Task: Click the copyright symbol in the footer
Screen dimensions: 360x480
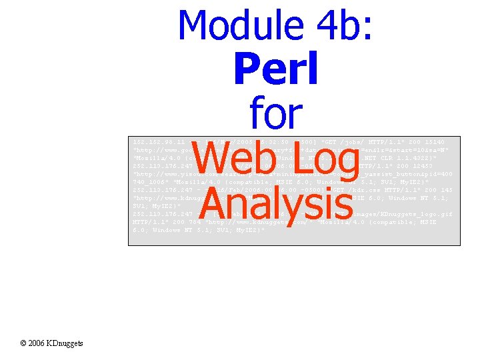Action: (23, 343)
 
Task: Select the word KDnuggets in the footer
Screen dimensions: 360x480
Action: (67, 343)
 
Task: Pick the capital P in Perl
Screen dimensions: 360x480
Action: (246, 69)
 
